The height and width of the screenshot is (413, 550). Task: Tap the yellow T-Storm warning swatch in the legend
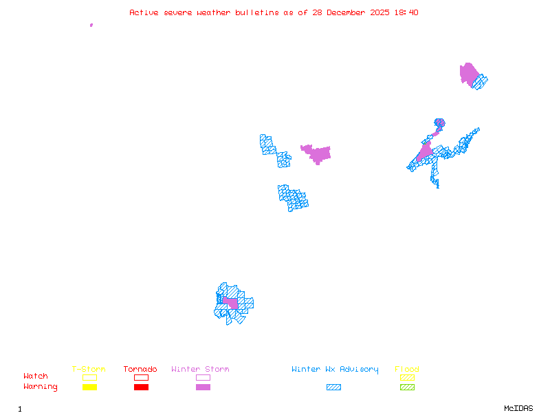point(89,388)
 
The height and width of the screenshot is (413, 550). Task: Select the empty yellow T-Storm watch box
point(89,377)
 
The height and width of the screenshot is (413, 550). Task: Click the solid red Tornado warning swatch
point(141,388)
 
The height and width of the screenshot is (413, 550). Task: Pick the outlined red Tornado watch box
point(141,377)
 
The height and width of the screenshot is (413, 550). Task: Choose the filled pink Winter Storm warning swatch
point(203,388)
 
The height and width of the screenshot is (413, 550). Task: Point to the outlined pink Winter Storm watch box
point(203,377)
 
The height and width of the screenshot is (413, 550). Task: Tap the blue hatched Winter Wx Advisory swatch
point(333,388)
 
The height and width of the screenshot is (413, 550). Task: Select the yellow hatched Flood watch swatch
point(407,377)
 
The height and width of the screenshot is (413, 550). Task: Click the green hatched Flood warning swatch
point(407,388)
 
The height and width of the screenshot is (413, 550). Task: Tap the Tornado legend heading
point(140,370)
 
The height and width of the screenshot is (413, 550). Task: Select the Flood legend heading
point(407,370)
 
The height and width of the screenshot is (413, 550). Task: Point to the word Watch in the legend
point(36,377)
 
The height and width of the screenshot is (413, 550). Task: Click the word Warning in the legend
point(41,387)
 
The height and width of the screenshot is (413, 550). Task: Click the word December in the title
point(346,12)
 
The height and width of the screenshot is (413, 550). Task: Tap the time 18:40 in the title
point(406,12)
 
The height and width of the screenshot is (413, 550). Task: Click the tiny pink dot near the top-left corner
point(91,25)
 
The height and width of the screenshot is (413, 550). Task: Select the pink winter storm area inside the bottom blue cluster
point(230,303)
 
